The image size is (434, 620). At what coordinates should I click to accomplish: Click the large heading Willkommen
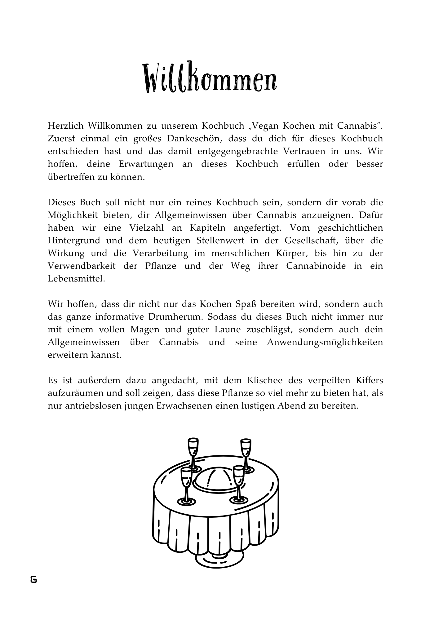(x=210, y=77)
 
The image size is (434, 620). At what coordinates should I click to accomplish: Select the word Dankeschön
(x=194, y=139)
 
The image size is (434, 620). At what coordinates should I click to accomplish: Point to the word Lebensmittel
(x=76, y=279)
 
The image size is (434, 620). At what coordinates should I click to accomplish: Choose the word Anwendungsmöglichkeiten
(x=325, y=342)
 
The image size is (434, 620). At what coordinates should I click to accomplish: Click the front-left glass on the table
(x=186, y=486)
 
